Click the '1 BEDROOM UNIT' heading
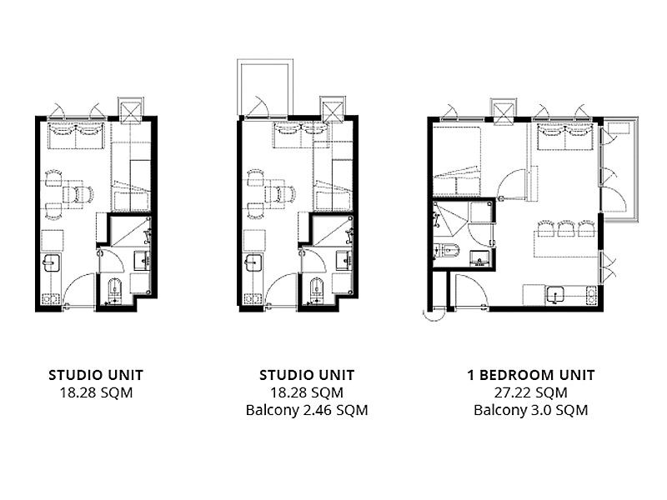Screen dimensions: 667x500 531,375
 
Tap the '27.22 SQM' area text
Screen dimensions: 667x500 531,392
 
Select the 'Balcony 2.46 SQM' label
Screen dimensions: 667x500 307,410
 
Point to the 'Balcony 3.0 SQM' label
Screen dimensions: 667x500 531,410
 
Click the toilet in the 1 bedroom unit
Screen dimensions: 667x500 445,251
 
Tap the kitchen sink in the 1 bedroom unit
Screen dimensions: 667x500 555,295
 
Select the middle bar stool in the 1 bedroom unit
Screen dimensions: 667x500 566,228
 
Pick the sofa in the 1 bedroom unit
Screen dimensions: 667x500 565,137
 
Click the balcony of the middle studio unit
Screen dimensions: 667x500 265,87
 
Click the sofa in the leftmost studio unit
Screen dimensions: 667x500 76,136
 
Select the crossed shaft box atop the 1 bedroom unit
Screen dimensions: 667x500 504,112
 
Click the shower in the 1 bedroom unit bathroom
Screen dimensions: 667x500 450,218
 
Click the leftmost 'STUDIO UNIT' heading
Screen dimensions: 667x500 96,375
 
